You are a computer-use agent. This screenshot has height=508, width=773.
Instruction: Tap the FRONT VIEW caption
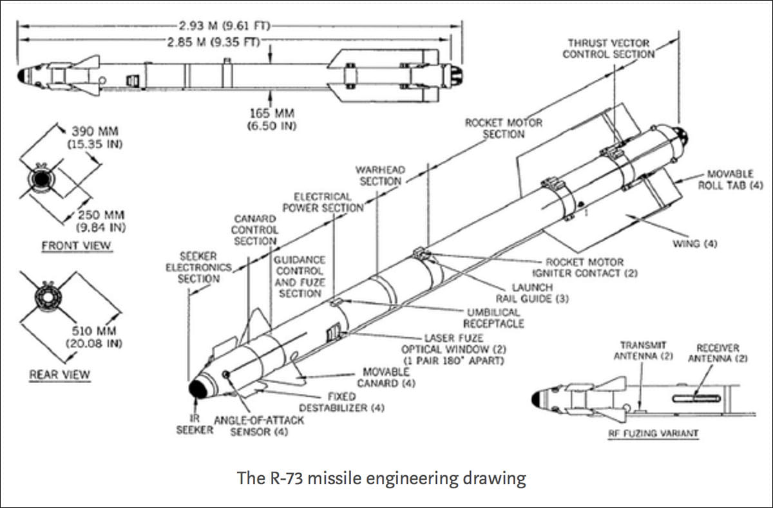tap(77, 245)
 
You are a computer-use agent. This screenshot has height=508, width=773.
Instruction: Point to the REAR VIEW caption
tap(60, 374)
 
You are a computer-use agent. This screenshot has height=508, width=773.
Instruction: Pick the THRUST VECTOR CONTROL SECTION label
tap(608, 48)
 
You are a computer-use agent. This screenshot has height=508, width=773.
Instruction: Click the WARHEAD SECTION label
tap(381, 175)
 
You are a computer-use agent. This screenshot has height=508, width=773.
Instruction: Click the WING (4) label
tap(694, 244)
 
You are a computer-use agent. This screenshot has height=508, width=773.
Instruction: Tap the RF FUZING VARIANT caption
tap(653, 433)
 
